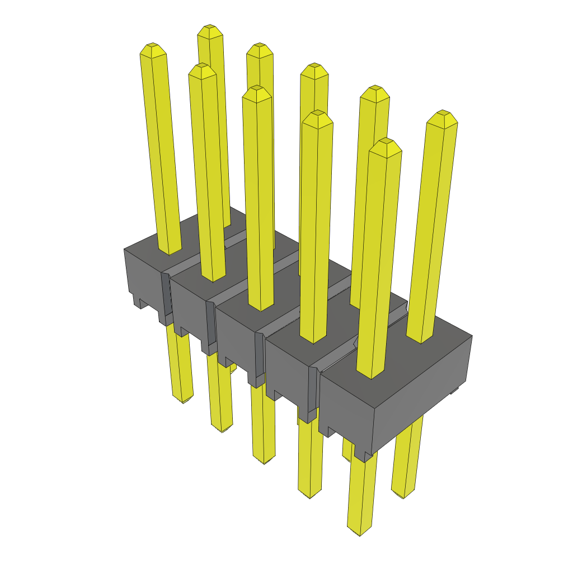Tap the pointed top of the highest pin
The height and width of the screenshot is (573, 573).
click(x=210, y=27)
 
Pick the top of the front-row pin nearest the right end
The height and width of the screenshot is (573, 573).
click(x=386, y=142)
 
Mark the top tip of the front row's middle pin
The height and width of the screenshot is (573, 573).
click(x=257, y=89)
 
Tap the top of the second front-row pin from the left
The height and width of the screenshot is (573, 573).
click(x=202, y=67)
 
